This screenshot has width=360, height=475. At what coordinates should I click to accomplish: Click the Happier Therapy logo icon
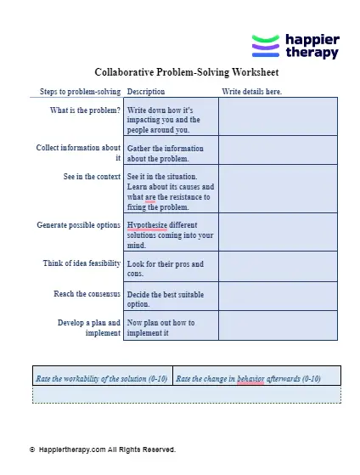point(266,47)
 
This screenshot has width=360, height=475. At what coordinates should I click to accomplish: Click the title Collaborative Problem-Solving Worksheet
point(179,72)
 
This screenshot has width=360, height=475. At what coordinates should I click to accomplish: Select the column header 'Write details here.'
point(251,92)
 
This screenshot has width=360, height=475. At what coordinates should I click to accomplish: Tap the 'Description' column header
point(145,92)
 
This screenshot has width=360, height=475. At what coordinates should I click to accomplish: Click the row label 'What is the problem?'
point(85,110)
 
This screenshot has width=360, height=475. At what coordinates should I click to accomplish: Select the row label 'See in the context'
point(92,177)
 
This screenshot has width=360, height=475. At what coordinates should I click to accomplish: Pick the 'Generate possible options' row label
point(79,225)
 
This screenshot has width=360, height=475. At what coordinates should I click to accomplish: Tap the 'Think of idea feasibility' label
point(82,264)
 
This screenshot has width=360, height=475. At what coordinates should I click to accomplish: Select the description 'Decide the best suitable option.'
point(166,298)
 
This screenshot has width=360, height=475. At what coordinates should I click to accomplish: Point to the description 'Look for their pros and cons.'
point(165,269)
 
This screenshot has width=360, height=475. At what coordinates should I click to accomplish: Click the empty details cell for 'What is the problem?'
point(278,116)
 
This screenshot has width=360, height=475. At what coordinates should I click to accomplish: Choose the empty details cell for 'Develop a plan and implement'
point(278,327)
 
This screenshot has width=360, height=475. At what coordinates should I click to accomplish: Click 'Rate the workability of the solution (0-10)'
point(102,378)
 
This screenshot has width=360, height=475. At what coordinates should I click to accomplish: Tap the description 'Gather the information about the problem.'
point(165,153)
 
